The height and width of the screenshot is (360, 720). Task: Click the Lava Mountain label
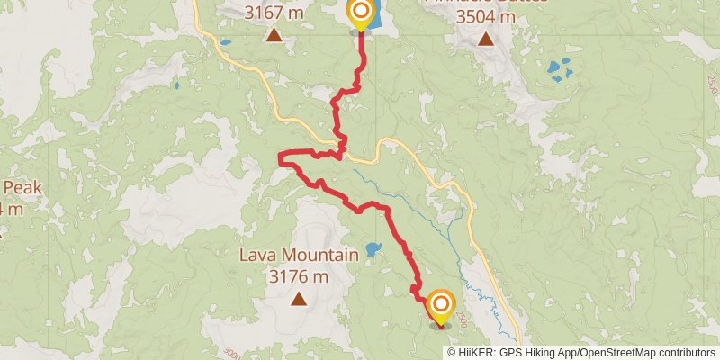(298, 255)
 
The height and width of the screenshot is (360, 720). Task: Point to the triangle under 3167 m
(274, 36)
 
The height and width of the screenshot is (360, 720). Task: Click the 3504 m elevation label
(486, 16)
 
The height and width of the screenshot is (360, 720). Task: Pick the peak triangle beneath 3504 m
(486, 39)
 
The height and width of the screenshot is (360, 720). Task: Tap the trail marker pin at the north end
(361, 13)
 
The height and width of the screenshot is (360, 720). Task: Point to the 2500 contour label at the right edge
(712, 85)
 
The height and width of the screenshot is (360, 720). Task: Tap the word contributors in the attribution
(685, 353)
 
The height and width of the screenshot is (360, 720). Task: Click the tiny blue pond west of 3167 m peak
(225, 42)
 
